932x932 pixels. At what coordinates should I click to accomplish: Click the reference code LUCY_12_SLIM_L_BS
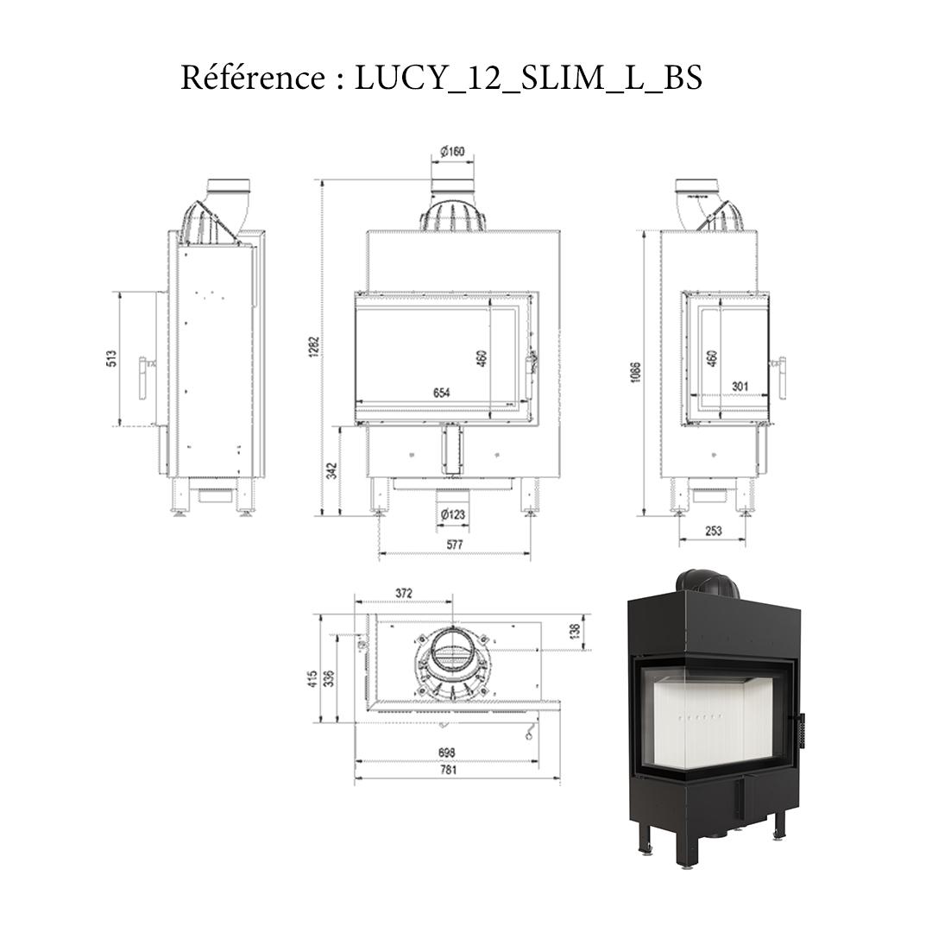528,79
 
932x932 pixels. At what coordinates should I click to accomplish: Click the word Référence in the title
251,79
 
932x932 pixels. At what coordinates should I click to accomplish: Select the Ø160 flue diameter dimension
452,152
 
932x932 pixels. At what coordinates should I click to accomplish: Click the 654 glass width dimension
442,393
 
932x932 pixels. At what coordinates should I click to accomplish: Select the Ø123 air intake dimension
453,515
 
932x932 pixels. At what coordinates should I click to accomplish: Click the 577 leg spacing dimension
454,545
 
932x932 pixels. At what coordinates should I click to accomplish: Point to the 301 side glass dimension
739,386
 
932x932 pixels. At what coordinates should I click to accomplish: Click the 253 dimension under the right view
713,531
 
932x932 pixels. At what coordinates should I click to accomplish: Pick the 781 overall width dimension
449,771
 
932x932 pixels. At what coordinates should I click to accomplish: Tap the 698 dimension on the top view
446,752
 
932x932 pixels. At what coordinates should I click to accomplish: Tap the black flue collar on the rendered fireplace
707,583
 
